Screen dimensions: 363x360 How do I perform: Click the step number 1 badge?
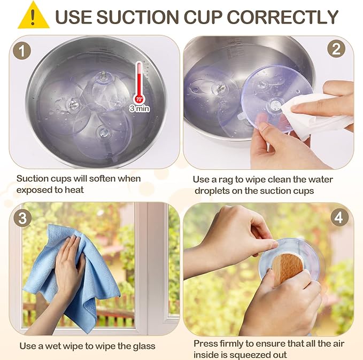pyautogui.click(x=22, y=51)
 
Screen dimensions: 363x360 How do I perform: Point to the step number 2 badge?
pyautogui.click(x=336, y=49)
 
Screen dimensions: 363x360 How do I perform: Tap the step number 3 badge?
pyautogui.click(x=22, y=218)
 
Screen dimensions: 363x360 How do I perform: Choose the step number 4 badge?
pyautogui.click(x=339, y=217)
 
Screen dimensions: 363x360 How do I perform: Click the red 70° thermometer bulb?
pyautogui.click(x=140, y=100)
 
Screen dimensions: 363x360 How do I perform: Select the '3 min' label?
pyautogui.click(x=140, y=108)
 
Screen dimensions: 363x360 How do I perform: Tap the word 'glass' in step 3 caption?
pyautogui.click(x=144, y=346)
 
